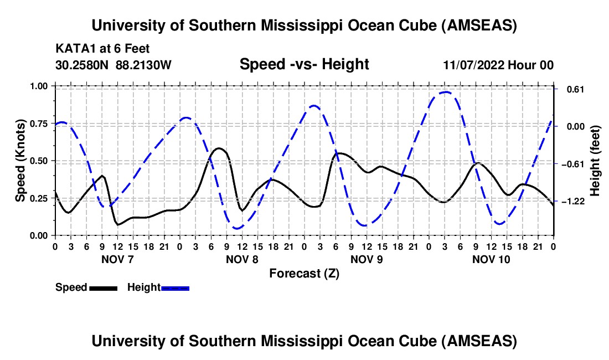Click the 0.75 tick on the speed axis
click(40, 124)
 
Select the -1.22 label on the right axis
click(572, 201)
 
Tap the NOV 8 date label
click(242, 259)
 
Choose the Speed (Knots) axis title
click(20, 160)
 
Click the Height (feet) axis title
click(595, 160)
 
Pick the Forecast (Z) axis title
click(304, 273)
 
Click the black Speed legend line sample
click(102, 287)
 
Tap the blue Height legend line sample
click(175, 287)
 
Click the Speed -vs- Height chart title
click(304, 64)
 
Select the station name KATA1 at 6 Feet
click(102, 49)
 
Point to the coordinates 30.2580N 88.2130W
click(113, 65)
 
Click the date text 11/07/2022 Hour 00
click(498, 65)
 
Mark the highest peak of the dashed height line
click(446, 92)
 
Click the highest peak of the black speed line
click(219, 148)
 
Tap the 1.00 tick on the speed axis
click(40, 86)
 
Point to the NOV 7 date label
click(117, 259)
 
